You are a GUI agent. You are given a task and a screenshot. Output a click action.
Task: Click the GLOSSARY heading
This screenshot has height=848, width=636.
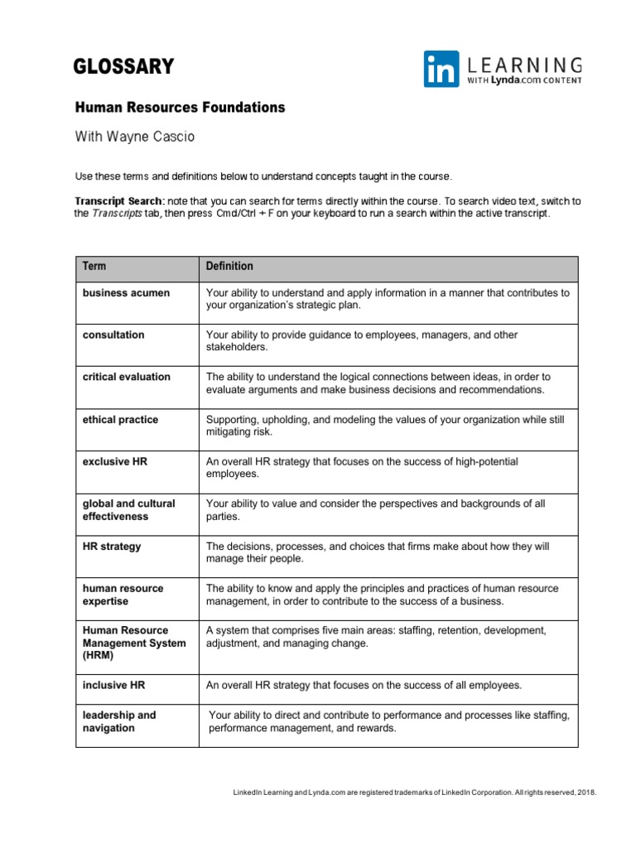click(x=123, y=66)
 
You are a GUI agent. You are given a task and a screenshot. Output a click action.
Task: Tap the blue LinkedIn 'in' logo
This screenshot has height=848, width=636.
click(x=441, y=69)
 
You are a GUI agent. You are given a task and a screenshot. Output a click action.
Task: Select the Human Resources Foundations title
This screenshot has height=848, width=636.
click(x=180, y=108)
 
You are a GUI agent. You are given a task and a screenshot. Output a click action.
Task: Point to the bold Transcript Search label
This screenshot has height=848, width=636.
click(x=119, y=201)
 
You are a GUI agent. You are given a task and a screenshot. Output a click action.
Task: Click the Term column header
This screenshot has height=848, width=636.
click(x=94, y=267)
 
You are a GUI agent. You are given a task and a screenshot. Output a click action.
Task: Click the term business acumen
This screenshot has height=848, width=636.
click(x=126, y=292)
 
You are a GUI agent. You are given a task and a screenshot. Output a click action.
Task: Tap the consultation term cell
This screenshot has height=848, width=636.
click(x=113, y=335)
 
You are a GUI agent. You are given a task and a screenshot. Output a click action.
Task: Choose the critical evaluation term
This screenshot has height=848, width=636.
click(x=126, y=377)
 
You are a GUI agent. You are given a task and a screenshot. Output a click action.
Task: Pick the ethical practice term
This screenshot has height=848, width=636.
click(x=120, y=420)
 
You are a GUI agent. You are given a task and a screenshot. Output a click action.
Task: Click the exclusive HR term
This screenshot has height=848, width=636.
click(x=114, y=461)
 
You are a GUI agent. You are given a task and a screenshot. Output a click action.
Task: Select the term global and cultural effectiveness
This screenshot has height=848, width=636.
click(x=128, y=510)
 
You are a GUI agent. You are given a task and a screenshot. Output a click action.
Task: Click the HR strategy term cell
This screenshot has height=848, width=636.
click(x=112, y=547)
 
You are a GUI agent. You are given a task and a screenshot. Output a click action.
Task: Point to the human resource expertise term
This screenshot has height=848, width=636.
click(x=123, y=595)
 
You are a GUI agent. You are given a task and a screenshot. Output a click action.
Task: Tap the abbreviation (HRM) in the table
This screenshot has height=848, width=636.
click(x=98, y=655)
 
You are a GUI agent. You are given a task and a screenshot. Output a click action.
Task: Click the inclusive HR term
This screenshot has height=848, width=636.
click(x=113, y=685)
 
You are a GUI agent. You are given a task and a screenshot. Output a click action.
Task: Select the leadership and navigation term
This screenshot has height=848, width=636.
click(x=119, y=721)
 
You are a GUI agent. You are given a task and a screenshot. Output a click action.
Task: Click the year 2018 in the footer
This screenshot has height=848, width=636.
click(x=585, y=793)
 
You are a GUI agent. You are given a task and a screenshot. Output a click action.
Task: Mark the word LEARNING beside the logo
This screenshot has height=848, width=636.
click(x=526, y=65)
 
